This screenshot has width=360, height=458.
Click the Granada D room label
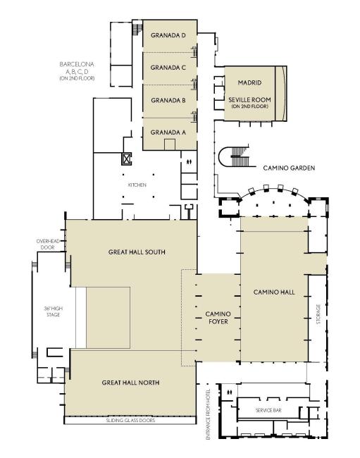[x=168, y=35]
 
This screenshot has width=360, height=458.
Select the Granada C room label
[x=168, y=68]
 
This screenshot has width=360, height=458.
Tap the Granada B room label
[x=168, y=100]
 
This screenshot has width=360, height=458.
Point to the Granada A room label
[x=168, y=132]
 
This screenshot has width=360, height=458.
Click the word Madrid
[x=249, y=82]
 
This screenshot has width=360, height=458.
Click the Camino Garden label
[x=289, y=168]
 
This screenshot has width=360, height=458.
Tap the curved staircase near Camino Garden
[x=234, y=156]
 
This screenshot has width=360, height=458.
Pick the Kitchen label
[x=137, y=185]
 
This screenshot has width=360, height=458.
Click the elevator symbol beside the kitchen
[x=126, y=159]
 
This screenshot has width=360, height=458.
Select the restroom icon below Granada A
[x=189, y=161]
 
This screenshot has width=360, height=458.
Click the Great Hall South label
[x=137, y=252]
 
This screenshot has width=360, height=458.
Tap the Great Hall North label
[x=130, y=383]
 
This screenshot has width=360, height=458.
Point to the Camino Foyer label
[x=218, y=318]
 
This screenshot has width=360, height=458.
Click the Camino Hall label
[x=274, y=292]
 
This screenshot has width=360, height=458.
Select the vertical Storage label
[x=318, y=315]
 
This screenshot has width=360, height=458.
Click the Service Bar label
[x=268, y=410]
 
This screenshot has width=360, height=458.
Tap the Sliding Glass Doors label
[x=130, y=421]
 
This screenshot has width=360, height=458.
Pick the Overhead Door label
[x=48, y=245]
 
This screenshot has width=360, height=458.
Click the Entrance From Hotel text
[x=208, y=414]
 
